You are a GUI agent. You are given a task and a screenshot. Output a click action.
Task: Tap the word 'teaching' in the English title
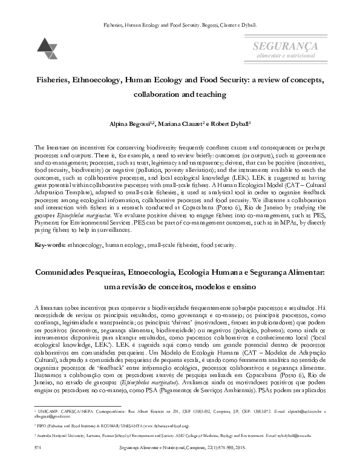pos(209,95)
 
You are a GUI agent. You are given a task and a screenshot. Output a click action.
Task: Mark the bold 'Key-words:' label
pos(50,245)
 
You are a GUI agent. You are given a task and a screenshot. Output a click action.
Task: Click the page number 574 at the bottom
pos(39,464)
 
